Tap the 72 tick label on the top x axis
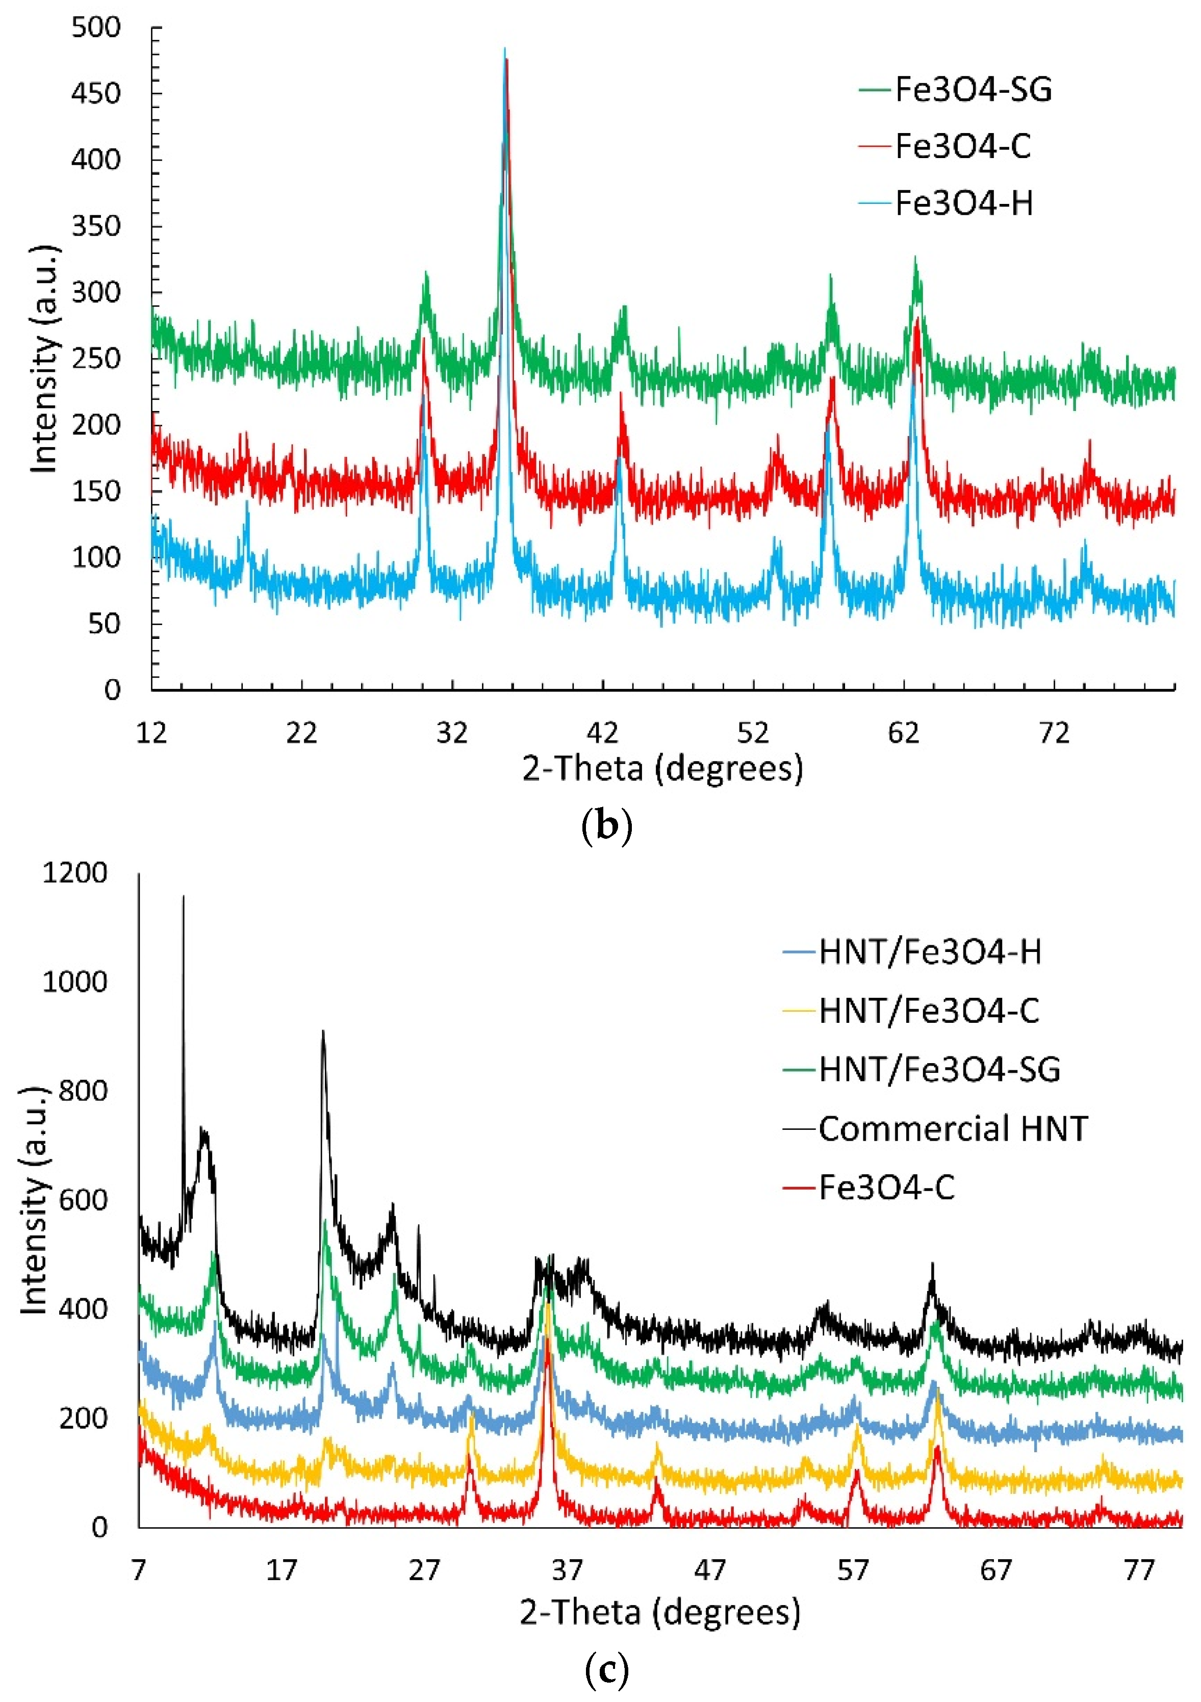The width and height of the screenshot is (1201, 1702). point(1054,733)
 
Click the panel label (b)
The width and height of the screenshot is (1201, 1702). point(606,827)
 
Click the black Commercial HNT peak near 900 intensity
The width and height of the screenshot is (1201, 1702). point(322,1031)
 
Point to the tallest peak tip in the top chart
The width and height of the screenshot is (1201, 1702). point(505,49)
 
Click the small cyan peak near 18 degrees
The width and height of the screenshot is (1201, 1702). point(247,503)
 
